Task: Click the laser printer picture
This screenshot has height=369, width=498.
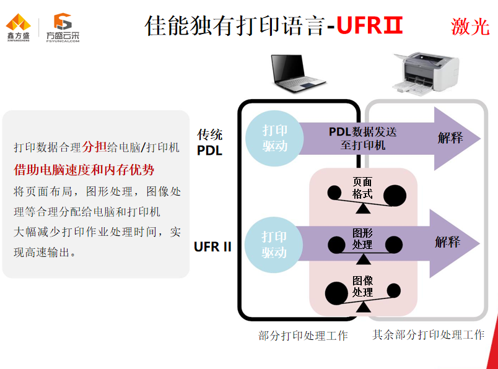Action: [426, 74]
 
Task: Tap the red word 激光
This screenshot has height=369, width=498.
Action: [470, 27]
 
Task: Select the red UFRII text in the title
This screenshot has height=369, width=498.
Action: [370, 26]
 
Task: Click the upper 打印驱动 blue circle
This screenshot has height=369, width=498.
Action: [274, 138]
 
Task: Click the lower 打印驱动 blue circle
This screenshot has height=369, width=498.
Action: [274, 245]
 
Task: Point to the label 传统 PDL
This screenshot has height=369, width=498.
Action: [209, 142]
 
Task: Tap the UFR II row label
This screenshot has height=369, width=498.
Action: [212, 246]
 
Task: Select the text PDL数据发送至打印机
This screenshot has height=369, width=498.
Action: [362, 138]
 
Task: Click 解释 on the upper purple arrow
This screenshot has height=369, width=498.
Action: [450, 138]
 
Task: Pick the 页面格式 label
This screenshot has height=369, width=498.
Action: [362, 188]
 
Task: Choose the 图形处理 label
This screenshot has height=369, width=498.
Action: [362, 238]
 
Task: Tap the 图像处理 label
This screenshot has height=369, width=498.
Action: [362, 286]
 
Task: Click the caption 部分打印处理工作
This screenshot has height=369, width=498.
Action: [303, 336]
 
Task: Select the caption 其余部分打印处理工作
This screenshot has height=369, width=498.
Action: [428, 335]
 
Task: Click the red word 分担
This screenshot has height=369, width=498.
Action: [94, 147]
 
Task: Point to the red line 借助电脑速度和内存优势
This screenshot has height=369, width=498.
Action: [84, 170]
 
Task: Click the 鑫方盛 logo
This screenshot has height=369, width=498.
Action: [18, 27]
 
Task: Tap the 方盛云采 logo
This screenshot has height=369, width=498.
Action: [62, 27]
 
